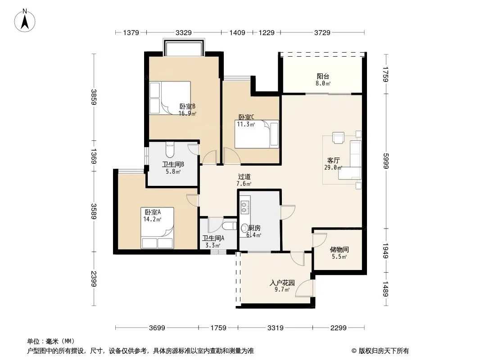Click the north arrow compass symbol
25,21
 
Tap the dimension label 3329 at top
184,32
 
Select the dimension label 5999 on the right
385,161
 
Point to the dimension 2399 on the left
94,279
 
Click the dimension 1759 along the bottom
218,328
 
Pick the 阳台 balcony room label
323,76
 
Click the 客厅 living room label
333,160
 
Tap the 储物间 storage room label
339,250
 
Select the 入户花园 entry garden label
282,283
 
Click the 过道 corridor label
245,176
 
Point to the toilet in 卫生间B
170,149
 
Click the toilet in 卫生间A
229,226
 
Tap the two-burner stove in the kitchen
245,207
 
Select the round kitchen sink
245,228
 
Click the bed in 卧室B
170,98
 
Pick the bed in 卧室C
257,134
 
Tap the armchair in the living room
338,137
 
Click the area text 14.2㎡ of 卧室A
152,219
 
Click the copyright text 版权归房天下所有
384,351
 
